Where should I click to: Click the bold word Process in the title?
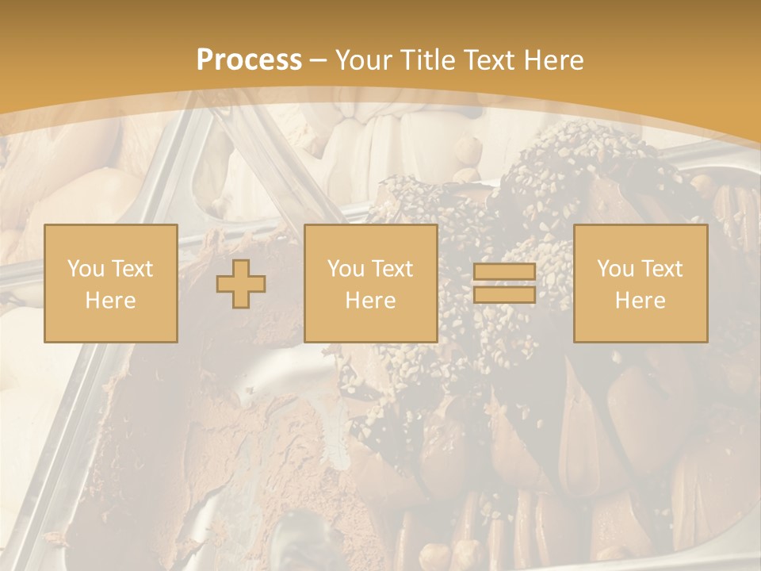249,60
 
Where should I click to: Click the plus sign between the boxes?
241,284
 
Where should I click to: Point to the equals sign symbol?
504,283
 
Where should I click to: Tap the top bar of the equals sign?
504,272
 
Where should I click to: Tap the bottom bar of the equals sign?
504,294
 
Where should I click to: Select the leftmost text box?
111,283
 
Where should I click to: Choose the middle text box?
371,283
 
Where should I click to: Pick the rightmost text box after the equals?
641,283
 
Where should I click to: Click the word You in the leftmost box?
86,269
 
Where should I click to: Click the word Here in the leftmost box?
111,301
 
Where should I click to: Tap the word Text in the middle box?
392,269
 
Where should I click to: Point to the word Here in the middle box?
371,301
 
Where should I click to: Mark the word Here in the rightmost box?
641,301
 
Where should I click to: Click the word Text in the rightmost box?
661,269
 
